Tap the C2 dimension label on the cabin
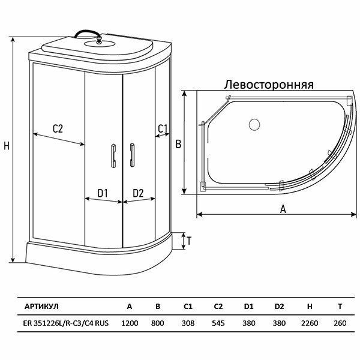point(58,128)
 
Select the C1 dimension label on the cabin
point(163,128)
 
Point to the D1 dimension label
point(102,193)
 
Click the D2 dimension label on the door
point(138,193)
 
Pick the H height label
point(7,146)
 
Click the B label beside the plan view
point(178,143)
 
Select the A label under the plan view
point(282,209)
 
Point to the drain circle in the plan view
point(253,125)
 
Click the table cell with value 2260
point(310,322)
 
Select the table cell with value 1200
point(130,322)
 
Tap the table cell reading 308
point(188,322)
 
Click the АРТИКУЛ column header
point(41,306)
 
